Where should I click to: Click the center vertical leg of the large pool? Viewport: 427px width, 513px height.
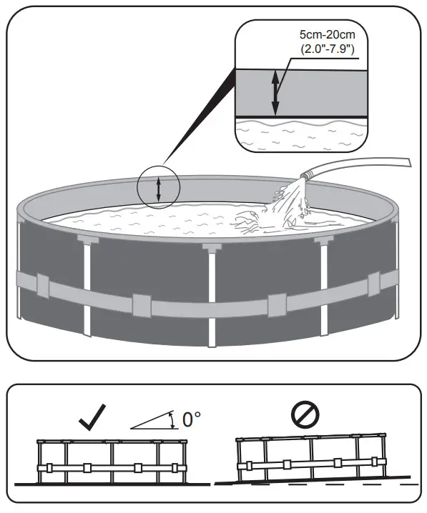pos(212,293)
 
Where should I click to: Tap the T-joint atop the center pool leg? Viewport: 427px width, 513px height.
pos(212,248)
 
